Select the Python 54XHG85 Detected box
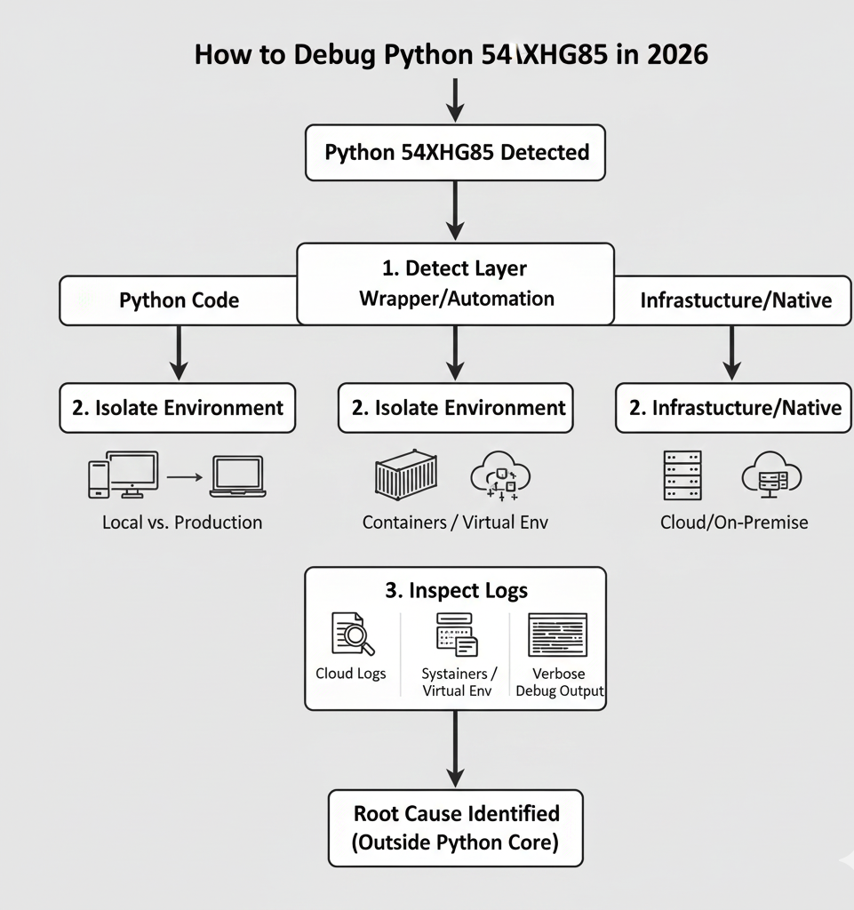pos(456,152)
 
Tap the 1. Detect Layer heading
pos(456,267)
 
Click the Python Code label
pos(179,300)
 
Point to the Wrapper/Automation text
pos(456,299)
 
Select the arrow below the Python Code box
pos(179,354)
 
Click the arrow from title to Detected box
pos(455,100)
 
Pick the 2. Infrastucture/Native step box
pos(733,408)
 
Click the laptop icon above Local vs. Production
pos(236,476)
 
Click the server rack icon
pos(682,475)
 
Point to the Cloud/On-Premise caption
pos(734,523)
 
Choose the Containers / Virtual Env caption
pos(455,523)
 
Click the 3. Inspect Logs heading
pos(456,591)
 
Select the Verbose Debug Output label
pos(559,682)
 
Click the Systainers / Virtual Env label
pos(459,682)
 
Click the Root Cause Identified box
pos(456,828)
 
